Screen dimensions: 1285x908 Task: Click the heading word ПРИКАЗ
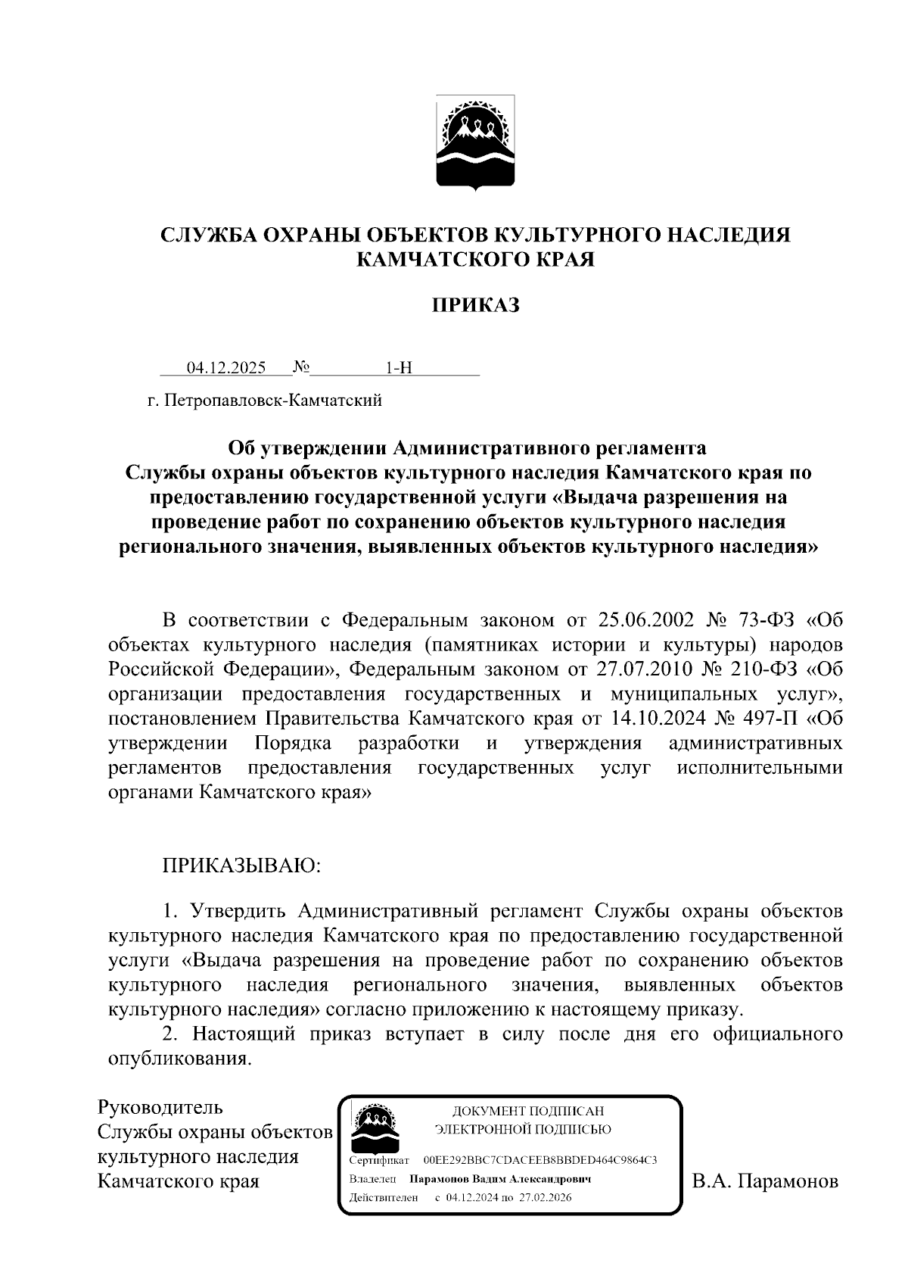coord(475,305)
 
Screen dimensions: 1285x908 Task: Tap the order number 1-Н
coord(399,368)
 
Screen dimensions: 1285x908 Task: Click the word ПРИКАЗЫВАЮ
coord(242,865)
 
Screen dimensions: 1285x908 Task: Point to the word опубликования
coord(179,1059)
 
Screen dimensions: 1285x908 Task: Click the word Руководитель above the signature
coord(160,1107)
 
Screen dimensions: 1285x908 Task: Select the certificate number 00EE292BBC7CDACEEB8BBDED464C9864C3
coord(540,1160)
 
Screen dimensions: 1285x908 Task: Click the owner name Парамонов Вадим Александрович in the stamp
coord(499,1179)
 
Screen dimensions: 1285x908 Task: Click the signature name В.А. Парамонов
coord(765,1181)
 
